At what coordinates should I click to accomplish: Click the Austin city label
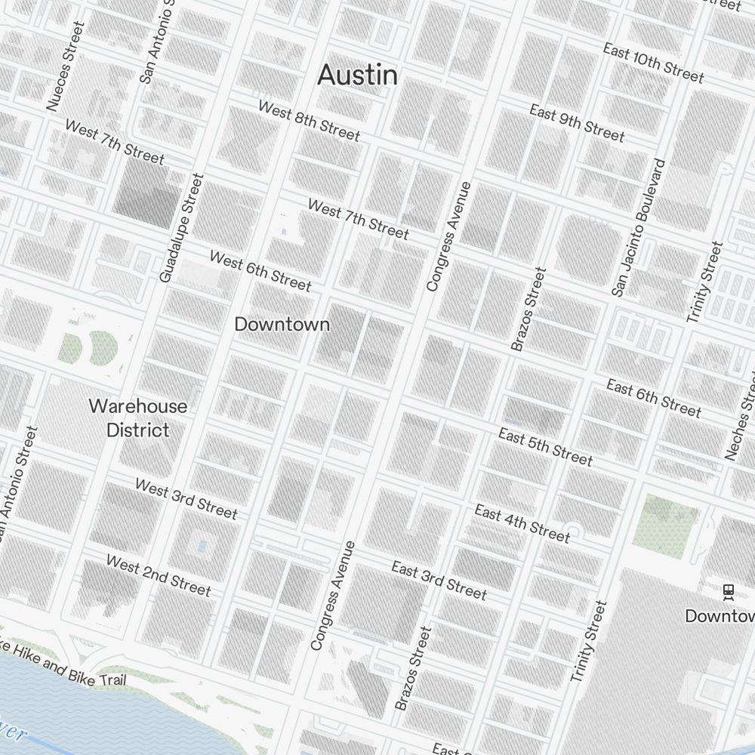pyautogui.click(x=357, y=75)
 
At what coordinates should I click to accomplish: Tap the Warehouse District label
pyautogui.click(x=137, y=418)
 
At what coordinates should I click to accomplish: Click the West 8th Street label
pyautogui.click(x=309, y=120)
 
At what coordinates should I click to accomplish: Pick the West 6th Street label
pyautogui.click(x=260, y=271)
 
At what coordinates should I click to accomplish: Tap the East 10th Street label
pyautogui.click(x=653, y=63)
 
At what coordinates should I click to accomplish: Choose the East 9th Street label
pyautogui.click(x=577, y=123)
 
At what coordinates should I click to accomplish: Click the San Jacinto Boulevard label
pyautogui.click(x=639, y=227)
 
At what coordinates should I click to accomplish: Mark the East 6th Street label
pyautogui.click(x=654, y=399)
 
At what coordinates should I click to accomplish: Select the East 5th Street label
pyautogui.click(x=545, y=445)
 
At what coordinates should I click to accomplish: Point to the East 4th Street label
pyautogui.click(x=522, y=523)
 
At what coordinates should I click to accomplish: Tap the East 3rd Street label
pyautogui.click(x=439, y=580)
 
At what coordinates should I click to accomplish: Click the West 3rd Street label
pyautogui.click(x=186, y=498)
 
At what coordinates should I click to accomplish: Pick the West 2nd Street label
pyautogui.click(x=158, y=575)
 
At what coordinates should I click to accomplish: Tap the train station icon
pyautogui.click(x=729, y=591)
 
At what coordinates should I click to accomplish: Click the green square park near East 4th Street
pyautogui.click(x=664, y=526)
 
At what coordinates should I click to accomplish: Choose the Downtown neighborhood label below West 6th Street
pyautogui.click(x=282, y=324)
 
